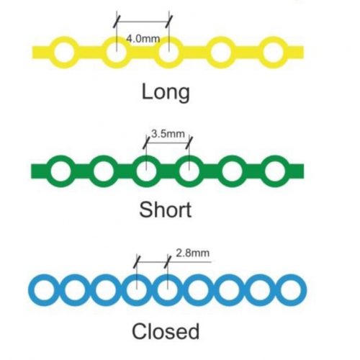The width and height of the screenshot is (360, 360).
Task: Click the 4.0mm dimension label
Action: tap(143, 39)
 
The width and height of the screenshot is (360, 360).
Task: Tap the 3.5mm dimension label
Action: tap(168, 134)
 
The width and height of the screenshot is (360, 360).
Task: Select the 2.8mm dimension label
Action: tap(193, 253)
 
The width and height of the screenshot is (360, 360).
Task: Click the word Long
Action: tap(166, 92)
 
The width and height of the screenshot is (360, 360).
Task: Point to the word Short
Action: tap(166, 210)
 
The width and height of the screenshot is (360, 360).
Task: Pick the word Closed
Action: tap(166, 331)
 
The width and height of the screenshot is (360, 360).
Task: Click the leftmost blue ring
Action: tap(32, 290)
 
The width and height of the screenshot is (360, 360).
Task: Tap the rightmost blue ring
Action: tap(303, 290)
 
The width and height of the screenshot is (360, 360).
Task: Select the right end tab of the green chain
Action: tap(297, 171)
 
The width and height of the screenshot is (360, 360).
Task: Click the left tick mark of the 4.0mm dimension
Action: tap(117, 22)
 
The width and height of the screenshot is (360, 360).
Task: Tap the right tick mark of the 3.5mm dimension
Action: tap(189, 143)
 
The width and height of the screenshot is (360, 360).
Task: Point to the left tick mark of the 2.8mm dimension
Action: tap(137, 261)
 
